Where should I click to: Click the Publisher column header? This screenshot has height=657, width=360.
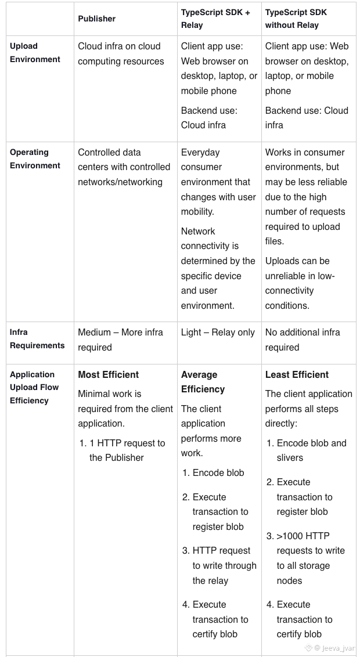click(x=97, y=19)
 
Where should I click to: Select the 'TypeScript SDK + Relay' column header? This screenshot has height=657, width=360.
click(x=215, y=19)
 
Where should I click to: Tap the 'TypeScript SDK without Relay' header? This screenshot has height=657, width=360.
click(x=296, y=19)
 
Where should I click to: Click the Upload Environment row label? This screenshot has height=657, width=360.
click(x=35, y=53)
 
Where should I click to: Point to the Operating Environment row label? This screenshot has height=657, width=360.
click(x=35, y=159)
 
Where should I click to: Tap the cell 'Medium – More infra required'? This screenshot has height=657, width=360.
click(x=121, y=340)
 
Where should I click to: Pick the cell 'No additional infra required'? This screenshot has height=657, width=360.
click(x=303, y=340)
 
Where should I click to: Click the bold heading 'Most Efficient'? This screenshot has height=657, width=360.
click(x=109, y=375)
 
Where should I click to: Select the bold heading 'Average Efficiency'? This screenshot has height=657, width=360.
click(x=203, y=382)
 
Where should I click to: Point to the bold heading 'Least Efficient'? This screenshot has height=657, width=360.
click(x=297, y=375)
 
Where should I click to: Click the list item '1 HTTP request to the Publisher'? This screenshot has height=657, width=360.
click(x=127, y=450)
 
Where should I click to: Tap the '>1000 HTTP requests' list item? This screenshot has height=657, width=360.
click(x=310, y=558)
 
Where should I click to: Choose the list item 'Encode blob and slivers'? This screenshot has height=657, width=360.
click(x=311, y=450)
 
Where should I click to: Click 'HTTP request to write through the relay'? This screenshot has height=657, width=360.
click(x=224, y=565)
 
